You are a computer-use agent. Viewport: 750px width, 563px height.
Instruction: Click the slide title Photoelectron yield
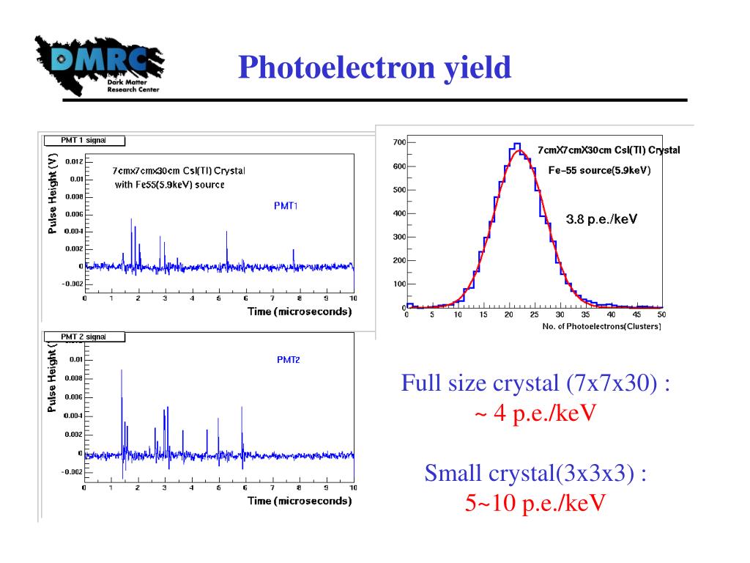[x=374, y=68]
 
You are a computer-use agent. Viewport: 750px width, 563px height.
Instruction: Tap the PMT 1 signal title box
[x=84, y=139]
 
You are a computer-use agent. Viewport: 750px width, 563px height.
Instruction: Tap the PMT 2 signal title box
[x=84, y=336]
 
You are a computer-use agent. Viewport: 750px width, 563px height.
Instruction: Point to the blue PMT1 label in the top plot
[x=286, y=206]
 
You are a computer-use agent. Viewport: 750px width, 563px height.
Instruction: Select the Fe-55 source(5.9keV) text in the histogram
[x=599, y=171]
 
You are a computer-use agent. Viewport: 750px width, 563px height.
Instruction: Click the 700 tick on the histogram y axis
[x=398, y=142]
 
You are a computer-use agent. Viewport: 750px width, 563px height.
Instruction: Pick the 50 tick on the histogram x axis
[x=661, y=315]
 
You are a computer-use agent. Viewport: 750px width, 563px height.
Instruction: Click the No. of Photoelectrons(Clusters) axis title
[x=601, y=325]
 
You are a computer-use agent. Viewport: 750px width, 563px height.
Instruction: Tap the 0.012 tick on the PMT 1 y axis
[x=73, y=161]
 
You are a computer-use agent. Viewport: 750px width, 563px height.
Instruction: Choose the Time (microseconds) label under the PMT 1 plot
[x=299, y=311]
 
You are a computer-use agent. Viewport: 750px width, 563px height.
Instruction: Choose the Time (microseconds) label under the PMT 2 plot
[x=299, y=501]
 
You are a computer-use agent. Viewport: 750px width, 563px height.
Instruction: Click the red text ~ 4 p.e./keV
[x=535, y=413]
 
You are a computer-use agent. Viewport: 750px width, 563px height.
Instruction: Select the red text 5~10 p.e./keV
[x=535, y=504]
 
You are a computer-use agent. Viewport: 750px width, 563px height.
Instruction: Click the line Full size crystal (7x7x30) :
[x=535, y=383]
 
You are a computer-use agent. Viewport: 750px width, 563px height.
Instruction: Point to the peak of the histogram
[x=517, y=144]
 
